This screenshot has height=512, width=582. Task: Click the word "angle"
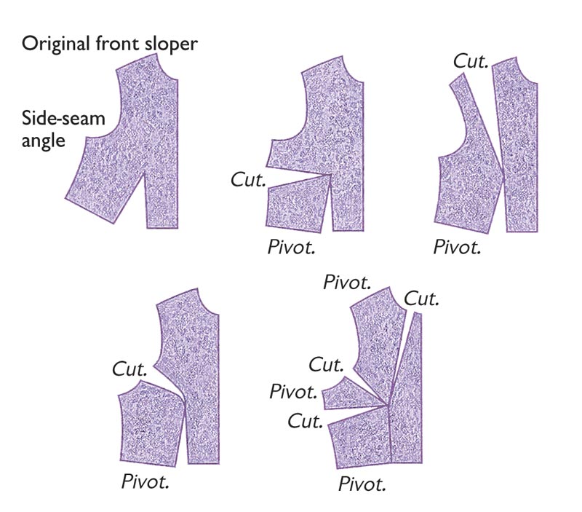coord(43,139)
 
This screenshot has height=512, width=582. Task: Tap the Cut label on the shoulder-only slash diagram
coord(470,61)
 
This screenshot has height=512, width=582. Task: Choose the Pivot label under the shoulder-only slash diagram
coord(457,245)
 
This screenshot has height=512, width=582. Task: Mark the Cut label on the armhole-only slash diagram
coord(131,369)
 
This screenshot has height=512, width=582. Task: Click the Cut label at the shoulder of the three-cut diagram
coord(421,298)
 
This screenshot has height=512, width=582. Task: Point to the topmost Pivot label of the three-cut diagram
coord(346,280)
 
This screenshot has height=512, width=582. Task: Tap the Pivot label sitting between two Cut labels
coord(292,392)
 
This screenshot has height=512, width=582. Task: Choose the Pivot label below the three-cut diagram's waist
coord(362,483)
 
